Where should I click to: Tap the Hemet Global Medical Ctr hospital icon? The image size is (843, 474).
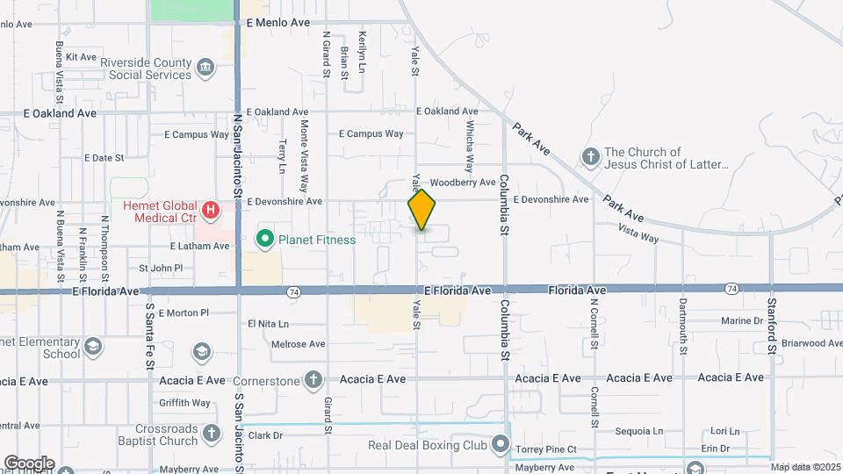210,211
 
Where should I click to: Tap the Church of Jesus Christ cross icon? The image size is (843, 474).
591,157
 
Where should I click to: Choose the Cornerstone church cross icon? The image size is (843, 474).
313,380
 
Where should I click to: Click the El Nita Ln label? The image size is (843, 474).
269,324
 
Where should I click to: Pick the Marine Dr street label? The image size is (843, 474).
742,321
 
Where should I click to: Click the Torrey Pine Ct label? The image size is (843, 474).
546,449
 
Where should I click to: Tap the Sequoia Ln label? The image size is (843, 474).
639,431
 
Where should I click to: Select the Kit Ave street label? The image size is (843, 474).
81,57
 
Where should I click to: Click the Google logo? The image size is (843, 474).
28,463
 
